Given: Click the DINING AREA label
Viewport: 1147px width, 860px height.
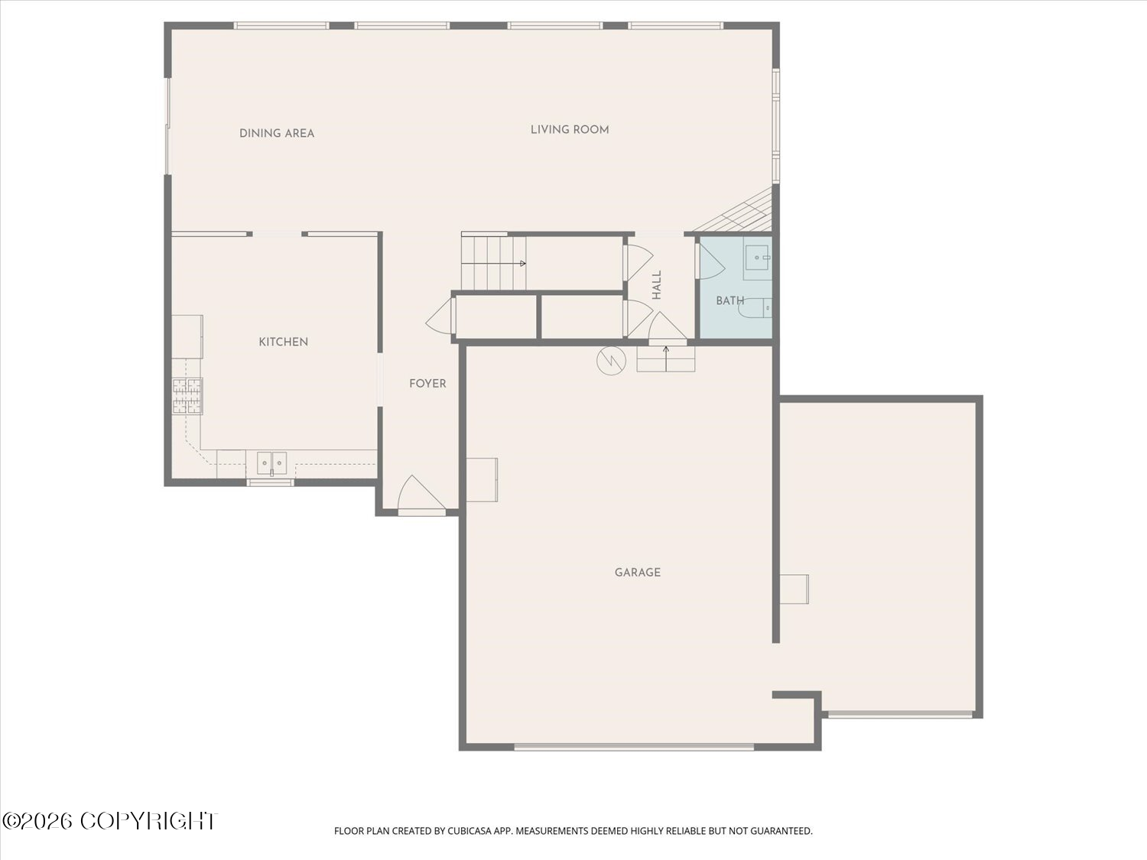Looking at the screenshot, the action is pyautogui.click(x=277, y=134).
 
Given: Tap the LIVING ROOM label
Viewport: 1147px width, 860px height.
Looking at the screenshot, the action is pyautogui.click(x=570, y=130).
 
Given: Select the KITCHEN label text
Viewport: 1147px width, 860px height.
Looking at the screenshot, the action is pyautogui.click(x=283, y=342).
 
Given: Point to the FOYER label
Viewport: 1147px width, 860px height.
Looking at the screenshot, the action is pyautogui.click(x=427, y=384).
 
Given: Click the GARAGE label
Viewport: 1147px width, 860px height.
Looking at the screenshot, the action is pyautogui.click(x=638, y=573).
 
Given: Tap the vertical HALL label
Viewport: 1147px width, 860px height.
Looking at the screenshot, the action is pyautogui.click(x=657, y=285).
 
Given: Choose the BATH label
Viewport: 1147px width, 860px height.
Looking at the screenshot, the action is pyautogui.click(x=730, y=300).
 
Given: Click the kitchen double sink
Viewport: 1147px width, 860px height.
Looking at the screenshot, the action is pyautogui.click(x=271, y=462).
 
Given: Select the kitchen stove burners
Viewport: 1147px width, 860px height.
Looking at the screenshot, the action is pyautogui.click(x=187, y=396).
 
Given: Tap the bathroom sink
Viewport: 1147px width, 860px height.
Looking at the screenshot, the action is pyautogui.click(x=757, y=258).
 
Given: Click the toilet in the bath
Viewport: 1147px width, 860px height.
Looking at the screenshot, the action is pyautogui.click(x=755, y=308).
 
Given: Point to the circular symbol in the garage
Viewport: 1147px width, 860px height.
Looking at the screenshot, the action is pyautogui.click(x=612, y=360).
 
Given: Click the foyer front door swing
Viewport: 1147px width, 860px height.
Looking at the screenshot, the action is pyautogui.click(x=421, y=493).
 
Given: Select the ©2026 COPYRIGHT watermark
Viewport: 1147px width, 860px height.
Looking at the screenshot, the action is pyautogui.click(x=110, y=821).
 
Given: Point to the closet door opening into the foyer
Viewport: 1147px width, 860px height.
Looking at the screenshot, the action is pyautogui.click(x=440, y=316).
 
